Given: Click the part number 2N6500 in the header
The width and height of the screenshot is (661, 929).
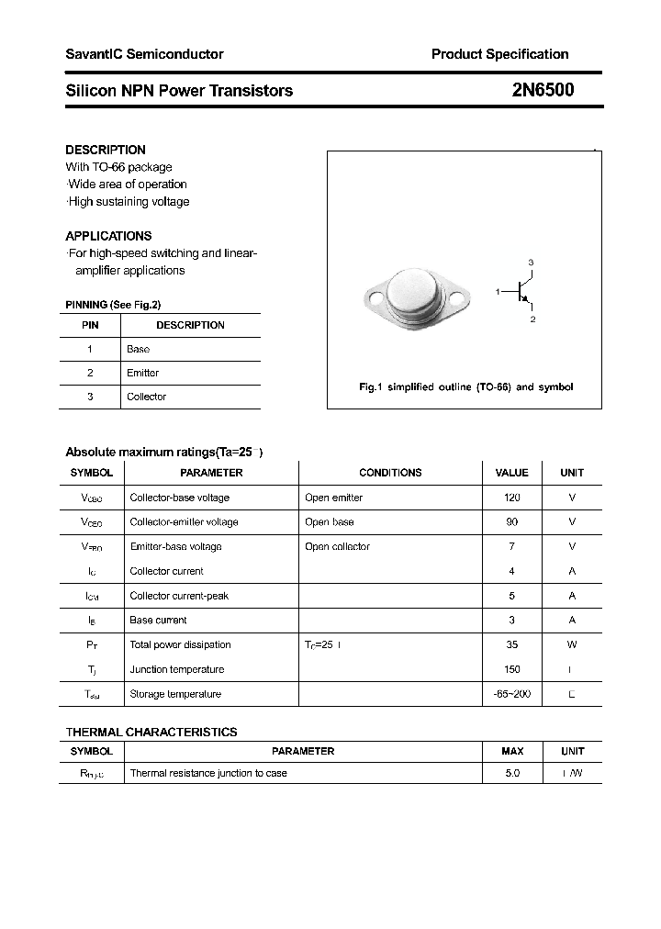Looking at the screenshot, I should click(543, 90).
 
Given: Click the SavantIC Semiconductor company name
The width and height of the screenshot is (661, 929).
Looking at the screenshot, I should click(144, 54).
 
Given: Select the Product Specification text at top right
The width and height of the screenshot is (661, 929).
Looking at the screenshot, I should click(499, 54).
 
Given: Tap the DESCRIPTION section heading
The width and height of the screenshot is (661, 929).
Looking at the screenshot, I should click(106, 150).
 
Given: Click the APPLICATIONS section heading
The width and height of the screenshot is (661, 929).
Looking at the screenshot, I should click(108, 236).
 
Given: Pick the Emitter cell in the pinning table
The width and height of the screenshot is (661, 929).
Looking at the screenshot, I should click(142, 373).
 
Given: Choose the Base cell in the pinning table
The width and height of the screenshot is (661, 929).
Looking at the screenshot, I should click(138, 349).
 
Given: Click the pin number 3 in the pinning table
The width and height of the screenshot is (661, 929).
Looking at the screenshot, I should click(90, 397).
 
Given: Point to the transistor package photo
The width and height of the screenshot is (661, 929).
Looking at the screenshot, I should click(418, 297).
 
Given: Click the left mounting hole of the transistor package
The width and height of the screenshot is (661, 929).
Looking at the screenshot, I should click(375, 297).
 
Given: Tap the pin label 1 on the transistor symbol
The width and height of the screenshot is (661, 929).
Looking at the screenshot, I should click(498, 291).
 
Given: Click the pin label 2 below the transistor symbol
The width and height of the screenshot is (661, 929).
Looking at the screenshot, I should click(532, 319).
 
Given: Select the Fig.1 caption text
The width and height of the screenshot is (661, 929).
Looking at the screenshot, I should click(465, 387).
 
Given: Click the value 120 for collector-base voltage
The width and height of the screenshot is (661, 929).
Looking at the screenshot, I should click(511, 498).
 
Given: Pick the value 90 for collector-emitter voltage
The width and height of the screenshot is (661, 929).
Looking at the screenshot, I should click(511, 522).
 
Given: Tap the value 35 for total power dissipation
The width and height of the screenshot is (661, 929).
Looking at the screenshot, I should click(511, 644).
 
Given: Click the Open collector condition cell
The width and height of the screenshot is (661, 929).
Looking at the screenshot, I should click(337, 546).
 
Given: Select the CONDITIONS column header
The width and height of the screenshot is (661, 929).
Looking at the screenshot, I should click(390, 473).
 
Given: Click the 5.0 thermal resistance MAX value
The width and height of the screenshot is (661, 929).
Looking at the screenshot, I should click(512, 773).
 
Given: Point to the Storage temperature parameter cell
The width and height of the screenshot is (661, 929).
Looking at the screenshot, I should click(175, 694).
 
